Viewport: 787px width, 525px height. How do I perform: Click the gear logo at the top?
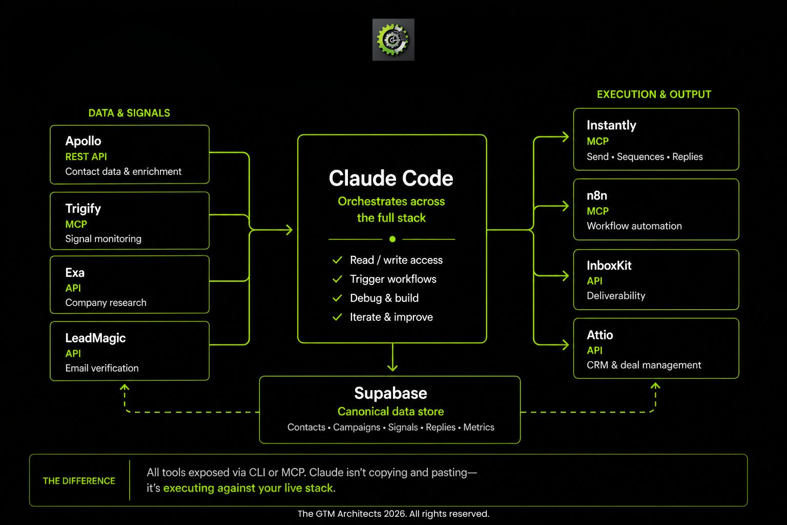393,40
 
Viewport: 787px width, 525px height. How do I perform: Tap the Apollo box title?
83,141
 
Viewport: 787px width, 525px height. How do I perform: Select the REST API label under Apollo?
86,156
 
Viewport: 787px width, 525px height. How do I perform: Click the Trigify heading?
83,209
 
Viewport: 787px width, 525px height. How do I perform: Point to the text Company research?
106,302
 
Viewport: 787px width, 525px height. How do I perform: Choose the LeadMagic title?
95,338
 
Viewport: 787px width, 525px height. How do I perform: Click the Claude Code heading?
391,178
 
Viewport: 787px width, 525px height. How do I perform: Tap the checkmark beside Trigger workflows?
337,279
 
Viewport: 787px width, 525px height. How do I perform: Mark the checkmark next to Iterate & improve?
337,317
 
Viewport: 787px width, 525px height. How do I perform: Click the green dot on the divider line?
392,239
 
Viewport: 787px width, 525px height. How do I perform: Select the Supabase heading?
390,393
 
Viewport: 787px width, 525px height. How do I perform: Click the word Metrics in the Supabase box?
479,427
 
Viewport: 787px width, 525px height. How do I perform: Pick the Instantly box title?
611,125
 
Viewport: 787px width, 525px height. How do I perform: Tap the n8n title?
597,195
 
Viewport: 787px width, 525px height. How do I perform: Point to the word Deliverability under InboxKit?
616,295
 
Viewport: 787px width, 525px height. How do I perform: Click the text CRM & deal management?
644,365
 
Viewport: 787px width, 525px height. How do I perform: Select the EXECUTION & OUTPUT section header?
654,94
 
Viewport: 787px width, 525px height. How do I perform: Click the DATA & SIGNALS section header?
129,113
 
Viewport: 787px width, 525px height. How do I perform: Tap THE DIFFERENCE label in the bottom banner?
79,481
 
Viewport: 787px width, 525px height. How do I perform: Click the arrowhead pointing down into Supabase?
392,367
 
